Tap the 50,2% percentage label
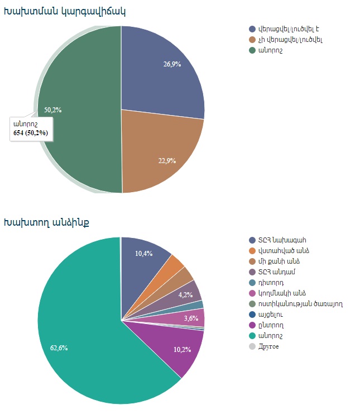[52, 110]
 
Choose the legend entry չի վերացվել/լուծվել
[290, 40]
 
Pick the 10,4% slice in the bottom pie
[144, 254]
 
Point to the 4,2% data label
[186, 294]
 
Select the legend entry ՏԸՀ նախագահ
[282, 240]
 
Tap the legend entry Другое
[268, 346]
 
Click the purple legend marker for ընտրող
[252, 325]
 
